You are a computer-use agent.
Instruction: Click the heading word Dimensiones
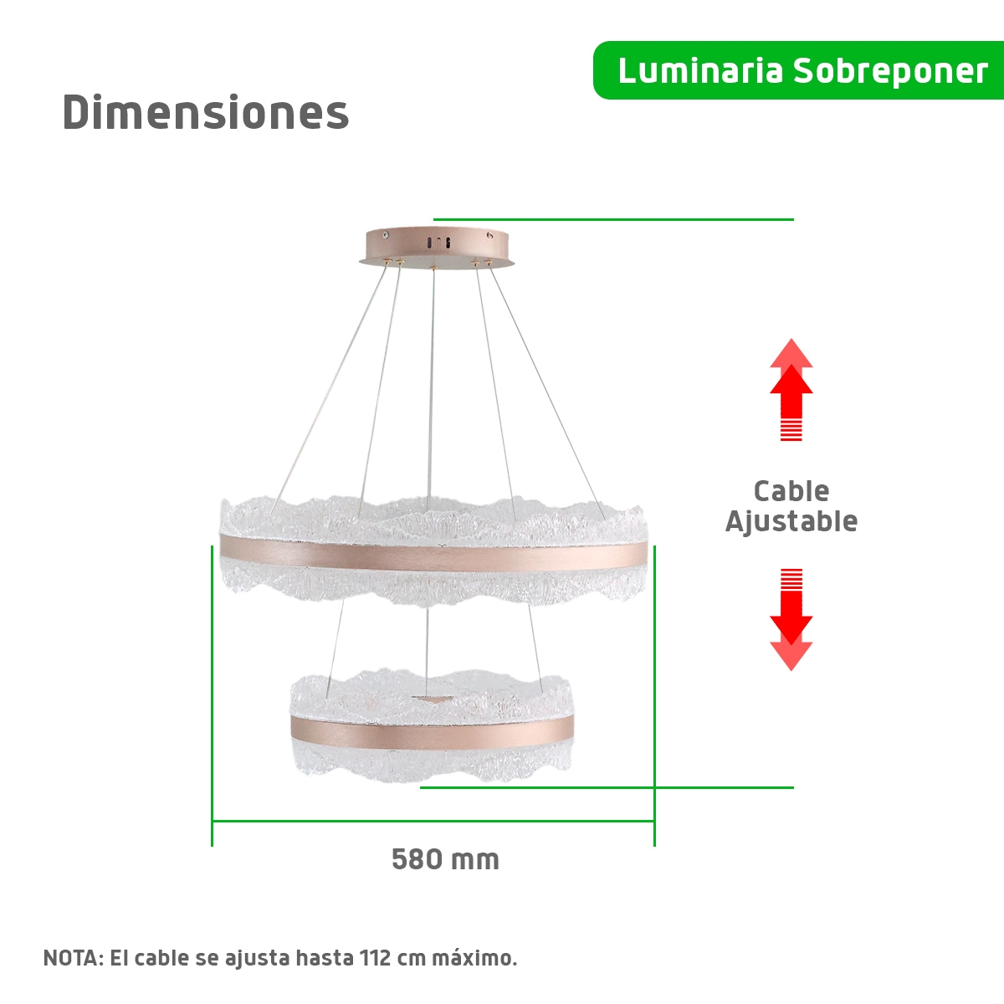(x=205, y=112)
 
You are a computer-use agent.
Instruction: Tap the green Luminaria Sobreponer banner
(x=798, y=70)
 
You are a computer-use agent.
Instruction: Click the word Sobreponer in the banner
(x=890, y=71)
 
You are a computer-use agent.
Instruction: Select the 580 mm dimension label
(x=445, y=859)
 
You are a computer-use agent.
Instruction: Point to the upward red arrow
(x=791, y=389)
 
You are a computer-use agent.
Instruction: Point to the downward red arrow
(x=791, y=619)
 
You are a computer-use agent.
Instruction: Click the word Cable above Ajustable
(x=791, y=491)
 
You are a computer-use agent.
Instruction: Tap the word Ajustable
(x=791, y=521)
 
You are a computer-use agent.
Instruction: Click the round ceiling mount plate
(x=437, y=246)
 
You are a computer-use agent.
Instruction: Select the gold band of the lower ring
(x=433, y=731)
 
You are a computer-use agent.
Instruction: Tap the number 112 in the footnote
(x=375, y=958)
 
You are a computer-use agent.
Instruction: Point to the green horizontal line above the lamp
(x=614, y=219)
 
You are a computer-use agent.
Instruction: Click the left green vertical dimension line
(x=212, y=696)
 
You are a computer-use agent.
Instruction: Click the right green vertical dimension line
(x=654, y=696)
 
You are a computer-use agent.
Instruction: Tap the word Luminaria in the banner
(x=700, y=71)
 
